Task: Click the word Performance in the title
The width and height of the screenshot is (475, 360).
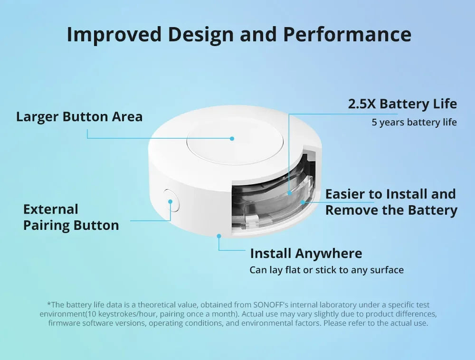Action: coord(347,35)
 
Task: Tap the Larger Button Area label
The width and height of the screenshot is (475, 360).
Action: coord(79,117)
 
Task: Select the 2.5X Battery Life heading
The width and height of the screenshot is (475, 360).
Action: coord(402,104)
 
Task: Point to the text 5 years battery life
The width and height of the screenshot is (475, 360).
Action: coord(414,123)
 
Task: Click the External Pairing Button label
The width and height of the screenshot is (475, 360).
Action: coord(71,217)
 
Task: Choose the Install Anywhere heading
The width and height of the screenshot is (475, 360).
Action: coord(306,253)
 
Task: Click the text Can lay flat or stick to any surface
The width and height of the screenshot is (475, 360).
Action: coord(326,270)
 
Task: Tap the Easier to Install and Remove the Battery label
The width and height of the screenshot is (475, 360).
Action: coord(391,202)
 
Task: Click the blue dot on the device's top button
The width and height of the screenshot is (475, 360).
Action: coord(232,139)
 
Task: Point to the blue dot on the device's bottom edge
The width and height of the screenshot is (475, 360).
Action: coord(218,235)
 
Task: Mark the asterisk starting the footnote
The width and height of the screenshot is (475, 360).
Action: coord(48,304)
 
